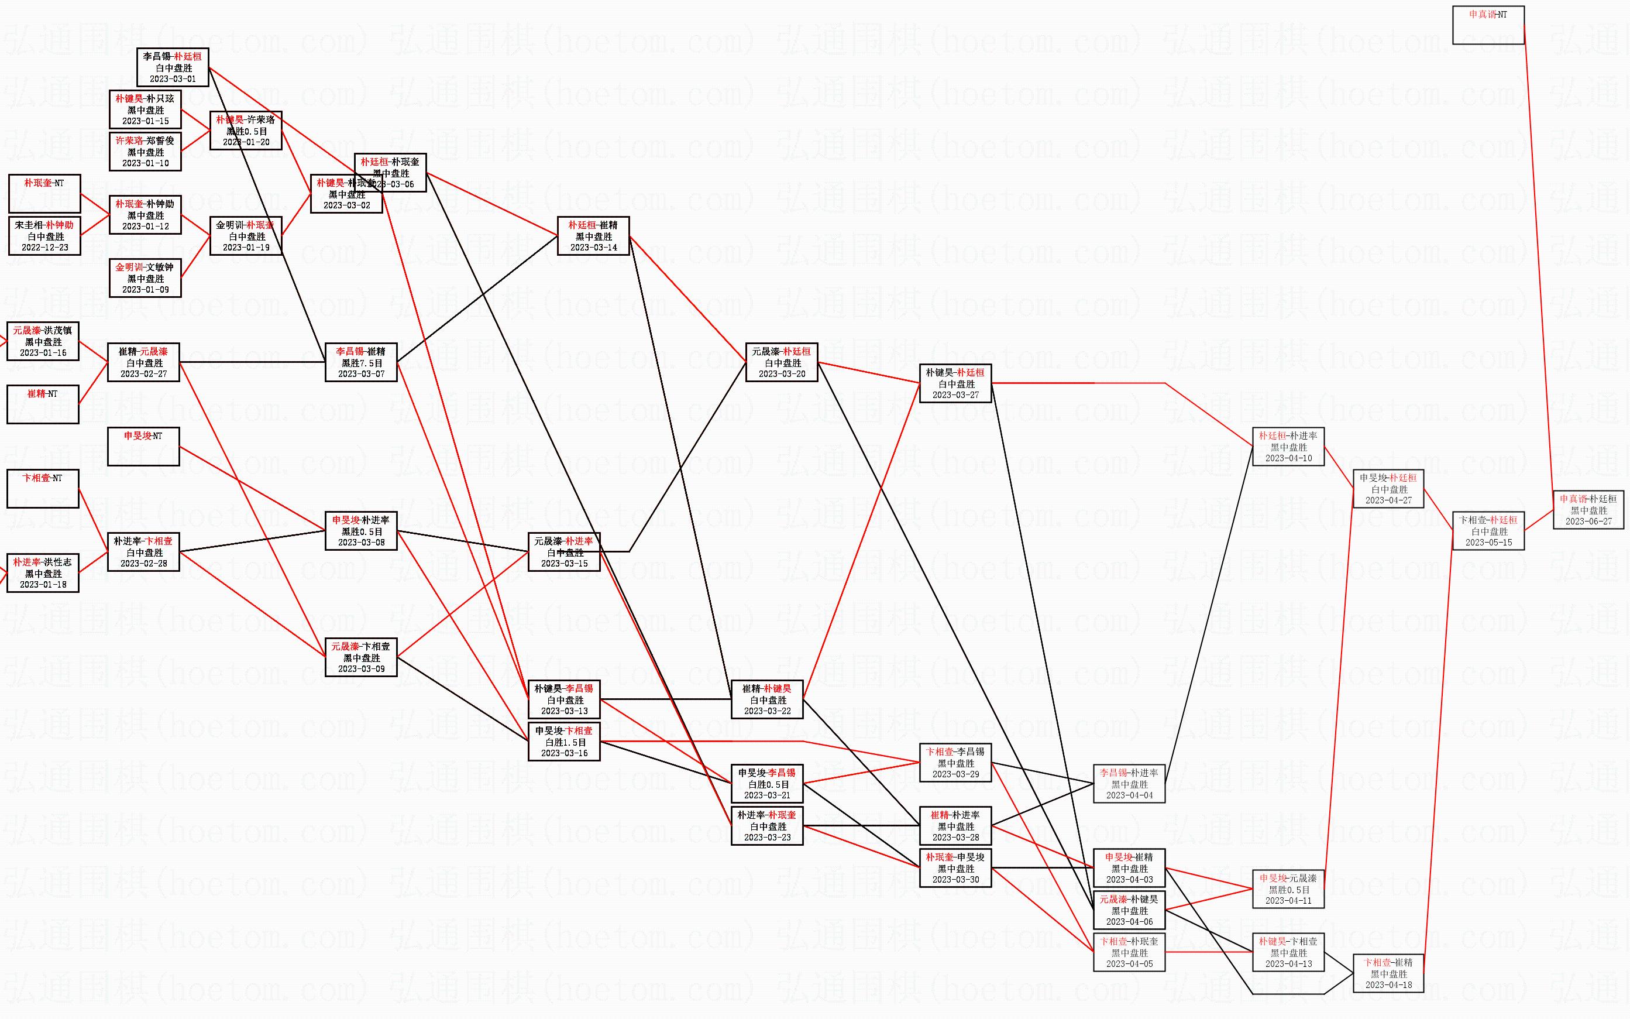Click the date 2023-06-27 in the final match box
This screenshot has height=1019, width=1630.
1588,521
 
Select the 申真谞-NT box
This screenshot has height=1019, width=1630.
1488,25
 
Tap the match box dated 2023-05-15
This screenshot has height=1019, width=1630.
1488,531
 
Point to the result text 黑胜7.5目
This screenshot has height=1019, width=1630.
362,362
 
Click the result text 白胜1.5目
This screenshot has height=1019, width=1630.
564,742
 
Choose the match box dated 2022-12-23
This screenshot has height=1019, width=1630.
44,236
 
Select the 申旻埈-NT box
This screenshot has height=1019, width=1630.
143,446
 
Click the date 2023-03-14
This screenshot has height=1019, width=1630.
593,248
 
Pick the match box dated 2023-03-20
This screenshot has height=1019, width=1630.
781,362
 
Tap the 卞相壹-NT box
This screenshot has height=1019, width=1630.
43,489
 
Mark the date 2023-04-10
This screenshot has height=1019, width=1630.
1288,458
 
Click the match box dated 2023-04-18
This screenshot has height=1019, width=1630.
1388,973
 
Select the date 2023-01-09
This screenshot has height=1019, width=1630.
146,290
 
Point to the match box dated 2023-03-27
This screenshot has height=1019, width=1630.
955,383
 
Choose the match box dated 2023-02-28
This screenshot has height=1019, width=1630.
143,552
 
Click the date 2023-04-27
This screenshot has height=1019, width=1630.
1388,500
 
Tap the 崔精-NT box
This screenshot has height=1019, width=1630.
43,404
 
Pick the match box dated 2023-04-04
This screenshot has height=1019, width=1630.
1129,784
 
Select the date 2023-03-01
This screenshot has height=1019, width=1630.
173,79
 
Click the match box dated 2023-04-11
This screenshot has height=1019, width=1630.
1288,889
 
